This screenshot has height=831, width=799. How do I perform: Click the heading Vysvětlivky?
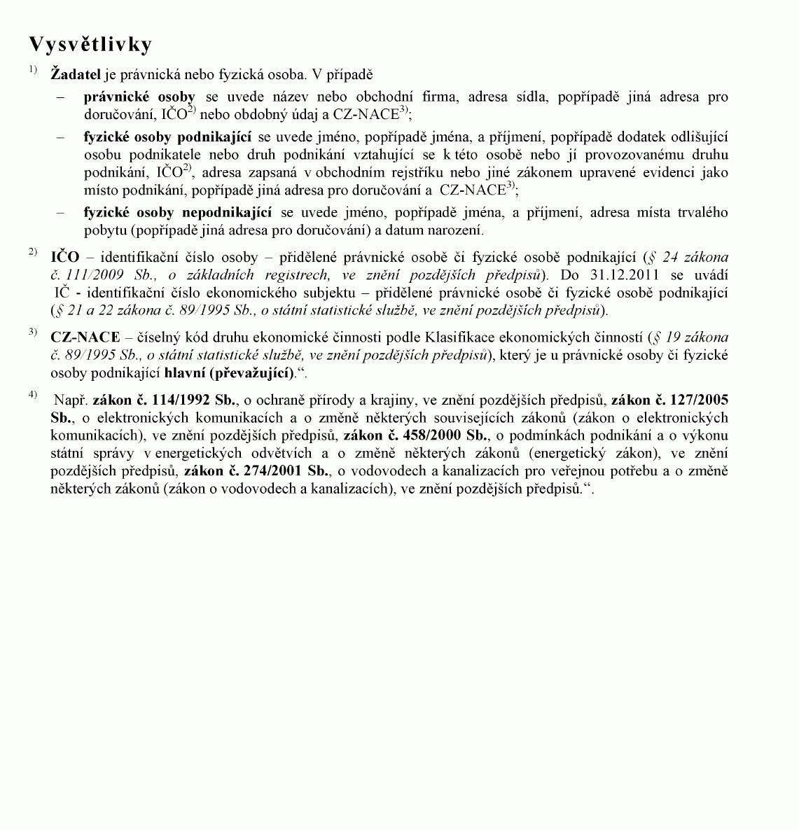tap(90, 45)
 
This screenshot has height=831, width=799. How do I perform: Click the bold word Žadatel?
tap(76, 74)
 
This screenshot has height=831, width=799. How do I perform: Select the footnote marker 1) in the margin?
tap(33, 69)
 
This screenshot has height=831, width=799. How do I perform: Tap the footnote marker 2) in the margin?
tap(33, 252)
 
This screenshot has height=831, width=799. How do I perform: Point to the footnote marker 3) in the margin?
tap(33, 332)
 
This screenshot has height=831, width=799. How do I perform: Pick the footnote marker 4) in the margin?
tap(33, 395)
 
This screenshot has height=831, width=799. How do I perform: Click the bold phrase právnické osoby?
tap(139, 97)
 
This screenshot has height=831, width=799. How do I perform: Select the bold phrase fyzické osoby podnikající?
tap(167, 137)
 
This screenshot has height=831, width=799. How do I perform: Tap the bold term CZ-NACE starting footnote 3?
tap(85, 337)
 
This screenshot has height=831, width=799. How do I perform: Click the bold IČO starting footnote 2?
tap(65, 257)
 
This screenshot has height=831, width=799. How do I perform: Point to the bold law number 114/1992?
tap(181, 400)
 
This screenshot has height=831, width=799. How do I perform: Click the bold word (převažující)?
tap(252, 372)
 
